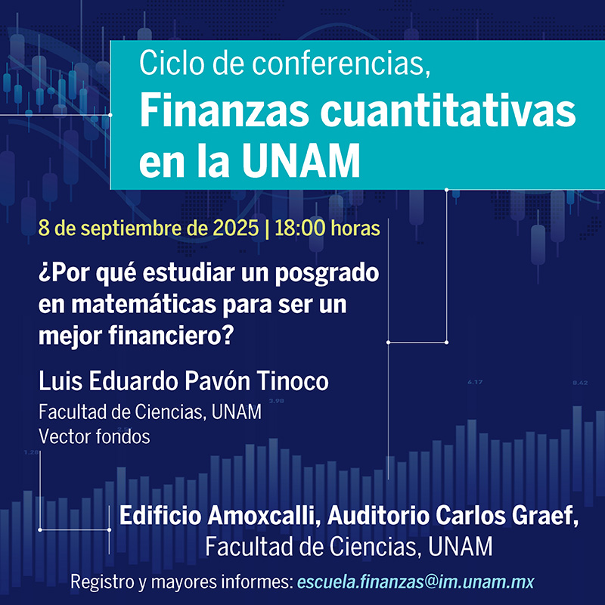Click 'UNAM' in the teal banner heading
click(x=301, y=160)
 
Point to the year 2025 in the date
click(x=236, y=228)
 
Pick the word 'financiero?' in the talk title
click(x=171, y=336)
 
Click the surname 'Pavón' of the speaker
click(x=217, y=381)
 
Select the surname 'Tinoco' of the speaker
click(x=293, y=381)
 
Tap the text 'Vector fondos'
click(x=94, y=437)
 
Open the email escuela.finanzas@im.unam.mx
click(x=415, y=582)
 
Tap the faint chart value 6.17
click(x=475, y=383)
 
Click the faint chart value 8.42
click(x=580, y=383)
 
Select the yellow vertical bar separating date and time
click(x=267, y=229)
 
